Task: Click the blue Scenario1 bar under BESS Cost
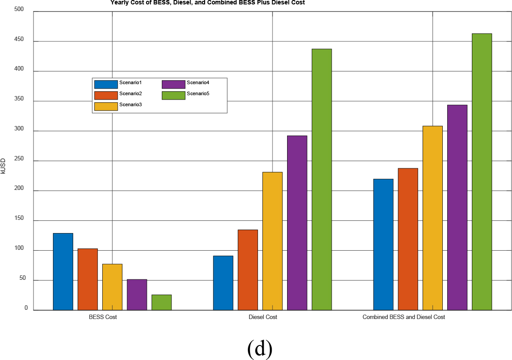point(63,271)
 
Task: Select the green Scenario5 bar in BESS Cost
point(161,302)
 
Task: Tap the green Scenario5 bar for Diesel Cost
point(321,179)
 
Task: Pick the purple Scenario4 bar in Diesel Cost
point(297,223)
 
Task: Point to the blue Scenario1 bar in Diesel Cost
point(223,283)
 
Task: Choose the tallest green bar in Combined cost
point(482,172)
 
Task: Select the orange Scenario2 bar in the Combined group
point(408,239)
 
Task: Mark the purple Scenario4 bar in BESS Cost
point(137,294)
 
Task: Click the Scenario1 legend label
point(130,83)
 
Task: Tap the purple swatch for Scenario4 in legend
point(173,85)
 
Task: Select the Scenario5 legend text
point(198,93)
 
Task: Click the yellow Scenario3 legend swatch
point(106,106)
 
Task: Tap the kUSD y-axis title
point(4,167)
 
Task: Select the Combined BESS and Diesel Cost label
point(404,317)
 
